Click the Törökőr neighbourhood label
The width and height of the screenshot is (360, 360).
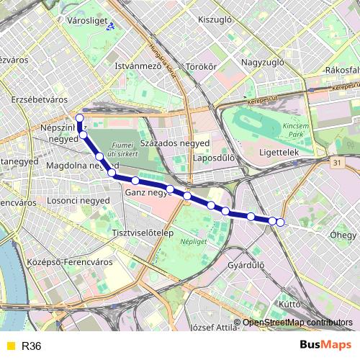click(201, 67)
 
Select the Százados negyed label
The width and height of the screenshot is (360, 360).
click(175, 143)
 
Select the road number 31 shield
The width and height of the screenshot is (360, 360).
click(338, 165)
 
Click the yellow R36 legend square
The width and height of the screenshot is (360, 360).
click(9, 346)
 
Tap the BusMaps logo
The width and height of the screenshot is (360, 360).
click(325, 346)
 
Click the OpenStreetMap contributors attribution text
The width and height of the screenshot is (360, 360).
click(297, 323)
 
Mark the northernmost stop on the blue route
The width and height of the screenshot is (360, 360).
click(79, 118)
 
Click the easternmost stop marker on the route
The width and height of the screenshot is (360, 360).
click(280, 222)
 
